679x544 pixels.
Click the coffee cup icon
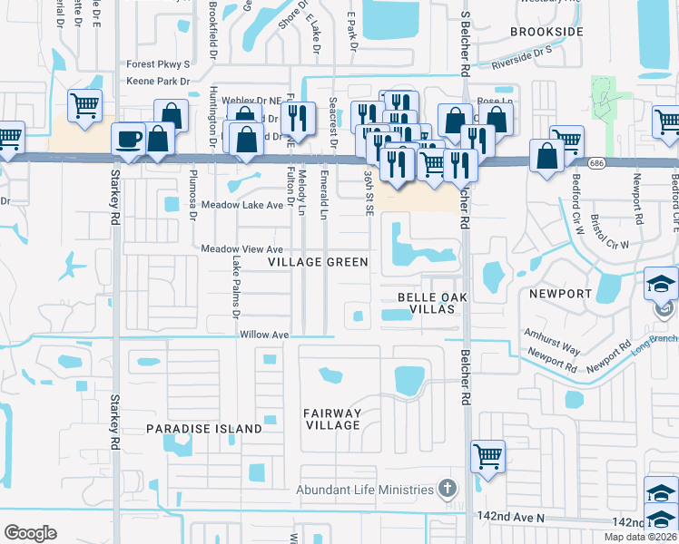pos(128,140)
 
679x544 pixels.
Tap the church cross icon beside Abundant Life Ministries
pos(446,490)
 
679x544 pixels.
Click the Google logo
pos(30,532)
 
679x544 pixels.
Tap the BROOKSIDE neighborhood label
pos(546,32)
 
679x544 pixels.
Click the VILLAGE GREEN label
pos(318,262)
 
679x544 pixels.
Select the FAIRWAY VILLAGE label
pos(332,420)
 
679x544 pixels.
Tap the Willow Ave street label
pos(264,335)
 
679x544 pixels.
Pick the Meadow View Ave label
pos(242,249)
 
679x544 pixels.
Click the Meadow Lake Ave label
pos(242,206)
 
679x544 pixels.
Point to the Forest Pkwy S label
pos(159,64)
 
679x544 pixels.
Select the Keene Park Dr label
pos(159,82)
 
